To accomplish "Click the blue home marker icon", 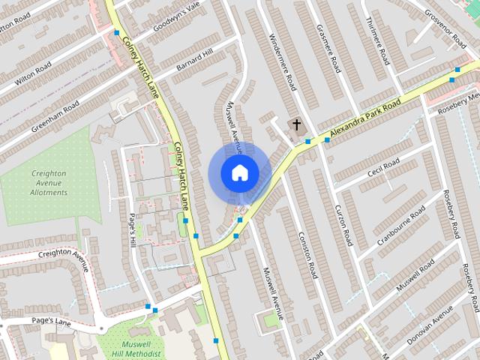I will pos(239,172).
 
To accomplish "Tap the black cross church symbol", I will pos(296,124).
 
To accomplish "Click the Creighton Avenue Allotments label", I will pos(49,183).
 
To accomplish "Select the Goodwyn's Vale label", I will pos(177,14).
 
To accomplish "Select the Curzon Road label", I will pos(343,225).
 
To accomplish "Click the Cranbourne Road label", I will pos(402,218).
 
